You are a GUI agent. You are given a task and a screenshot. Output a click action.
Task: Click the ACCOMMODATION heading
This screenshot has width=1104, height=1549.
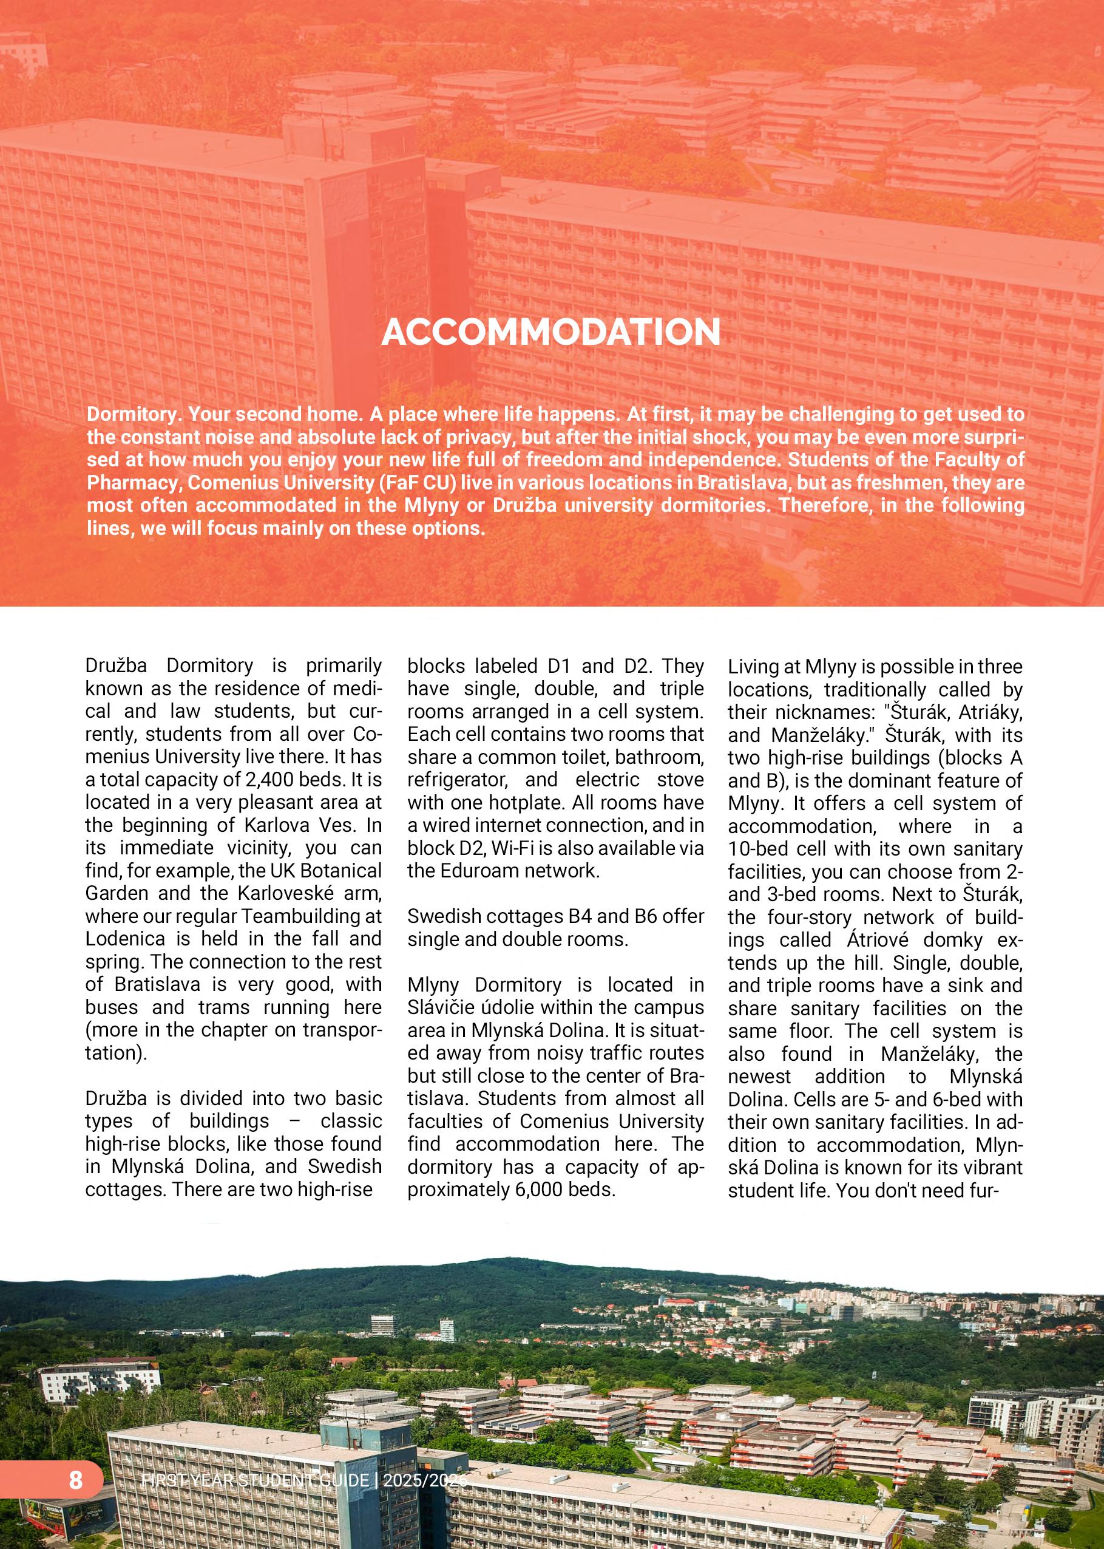coord(550,333)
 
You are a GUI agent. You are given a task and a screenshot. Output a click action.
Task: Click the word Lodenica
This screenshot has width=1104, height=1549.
coord(125,939)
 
